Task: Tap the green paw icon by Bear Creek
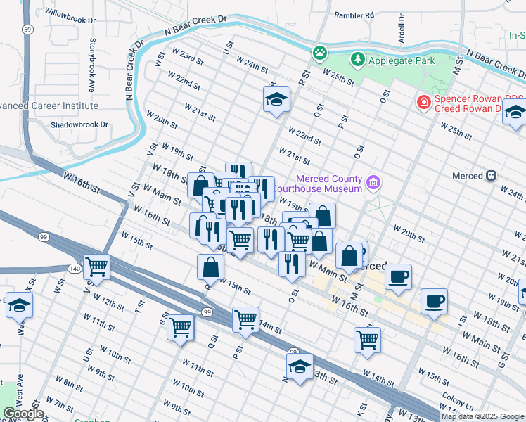click(x=320, y=52)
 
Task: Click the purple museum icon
click(x=373, y=184)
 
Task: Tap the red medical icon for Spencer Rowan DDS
click(x=423, y=103)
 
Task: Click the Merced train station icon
click(x=492, y=175)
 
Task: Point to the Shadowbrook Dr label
click(x=79, y=124)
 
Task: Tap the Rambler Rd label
click(x=354, y=15)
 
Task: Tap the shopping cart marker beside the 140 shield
click(x=96, y=267)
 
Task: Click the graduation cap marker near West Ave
click(x=19, y=305)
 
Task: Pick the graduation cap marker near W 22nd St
click(x=276, y=99)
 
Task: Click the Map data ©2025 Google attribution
click(x=482, y=416)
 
